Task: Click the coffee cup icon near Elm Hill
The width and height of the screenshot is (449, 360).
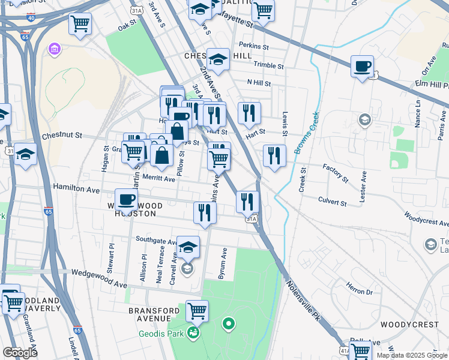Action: click(x=362, y=67)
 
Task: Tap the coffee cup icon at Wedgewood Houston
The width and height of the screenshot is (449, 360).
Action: click(x=126, y=200)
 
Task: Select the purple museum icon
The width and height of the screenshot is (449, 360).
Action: click(x=55, y=48)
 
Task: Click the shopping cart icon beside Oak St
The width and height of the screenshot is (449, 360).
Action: click(x=80, y=25)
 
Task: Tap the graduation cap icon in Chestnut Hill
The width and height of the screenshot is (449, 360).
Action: click(x=218, y=60)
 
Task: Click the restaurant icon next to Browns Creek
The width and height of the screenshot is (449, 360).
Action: click(x=274, y=156)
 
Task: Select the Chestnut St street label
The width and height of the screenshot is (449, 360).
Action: click(x=62, y=136)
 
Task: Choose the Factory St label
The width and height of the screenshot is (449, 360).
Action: click(x=335, y=173)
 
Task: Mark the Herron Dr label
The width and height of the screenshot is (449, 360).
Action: click(x=360, y=292)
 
